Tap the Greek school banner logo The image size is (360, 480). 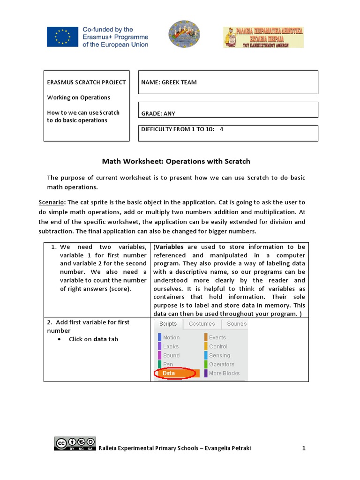pos(263,37)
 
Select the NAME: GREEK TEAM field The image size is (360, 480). pos(228,82)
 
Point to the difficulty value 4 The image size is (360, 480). pos(222,129)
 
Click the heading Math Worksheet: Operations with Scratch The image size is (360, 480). pos(176,161)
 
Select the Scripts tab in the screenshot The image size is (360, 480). pos(168,324)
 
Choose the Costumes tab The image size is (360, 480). pos(202,324)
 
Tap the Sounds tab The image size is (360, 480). pos(236,324)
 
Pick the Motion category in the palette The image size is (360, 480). pos(171,337)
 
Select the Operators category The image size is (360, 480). pos(221,364)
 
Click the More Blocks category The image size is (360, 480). pos(224,374)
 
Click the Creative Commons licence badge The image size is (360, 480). pos(75,444)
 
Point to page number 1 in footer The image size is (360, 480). pos(304,448)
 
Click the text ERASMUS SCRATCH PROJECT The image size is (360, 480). pos(86,82)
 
